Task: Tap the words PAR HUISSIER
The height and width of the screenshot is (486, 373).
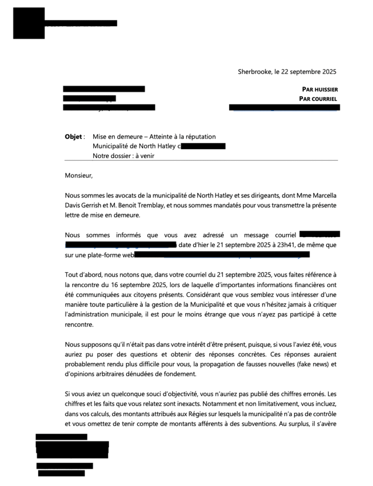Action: point(320,89)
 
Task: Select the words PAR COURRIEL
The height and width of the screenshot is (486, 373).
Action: point(318,99)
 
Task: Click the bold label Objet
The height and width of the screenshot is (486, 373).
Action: point(73,137)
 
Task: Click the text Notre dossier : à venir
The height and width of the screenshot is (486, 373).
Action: point(124,155)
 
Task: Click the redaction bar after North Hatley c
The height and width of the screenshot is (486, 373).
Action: point(203,146)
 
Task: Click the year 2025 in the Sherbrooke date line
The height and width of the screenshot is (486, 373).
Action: point(328,72)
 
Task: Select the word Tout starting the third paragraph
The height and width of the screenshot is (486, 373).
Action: point(71,275)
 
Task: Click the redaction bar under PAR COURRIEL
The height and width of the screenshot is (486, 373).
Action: point(284,108)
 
